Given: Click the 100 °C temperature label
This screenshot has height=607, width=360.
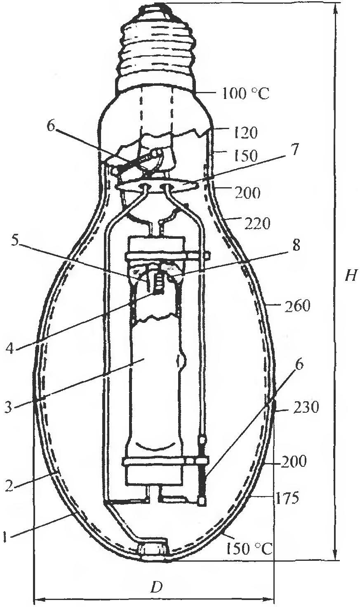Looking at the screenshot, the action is pos(246,94).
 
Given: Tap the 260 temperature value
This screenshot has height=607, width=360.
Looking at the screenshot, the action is pos(297,306).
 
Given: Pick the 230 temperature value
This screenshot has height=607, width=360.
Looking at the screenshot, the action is pos(305,407).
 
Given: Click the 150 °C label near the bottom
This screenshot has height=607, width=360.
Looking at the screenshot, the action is pos(249,549).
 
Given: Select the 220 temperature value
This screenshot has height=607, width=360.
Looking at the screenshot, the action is pos(258,224).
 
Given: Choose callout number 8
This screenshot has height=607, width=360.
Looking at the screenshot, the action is pos(296,245).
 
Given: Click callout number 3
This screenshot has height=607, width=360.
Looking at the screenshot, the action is pos(8,407).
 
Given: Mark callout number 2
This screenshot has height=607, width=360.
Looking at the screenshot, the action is pos(9,486).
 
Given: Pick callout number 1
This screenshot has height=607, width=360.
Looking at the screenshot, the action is pos(5,536).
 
